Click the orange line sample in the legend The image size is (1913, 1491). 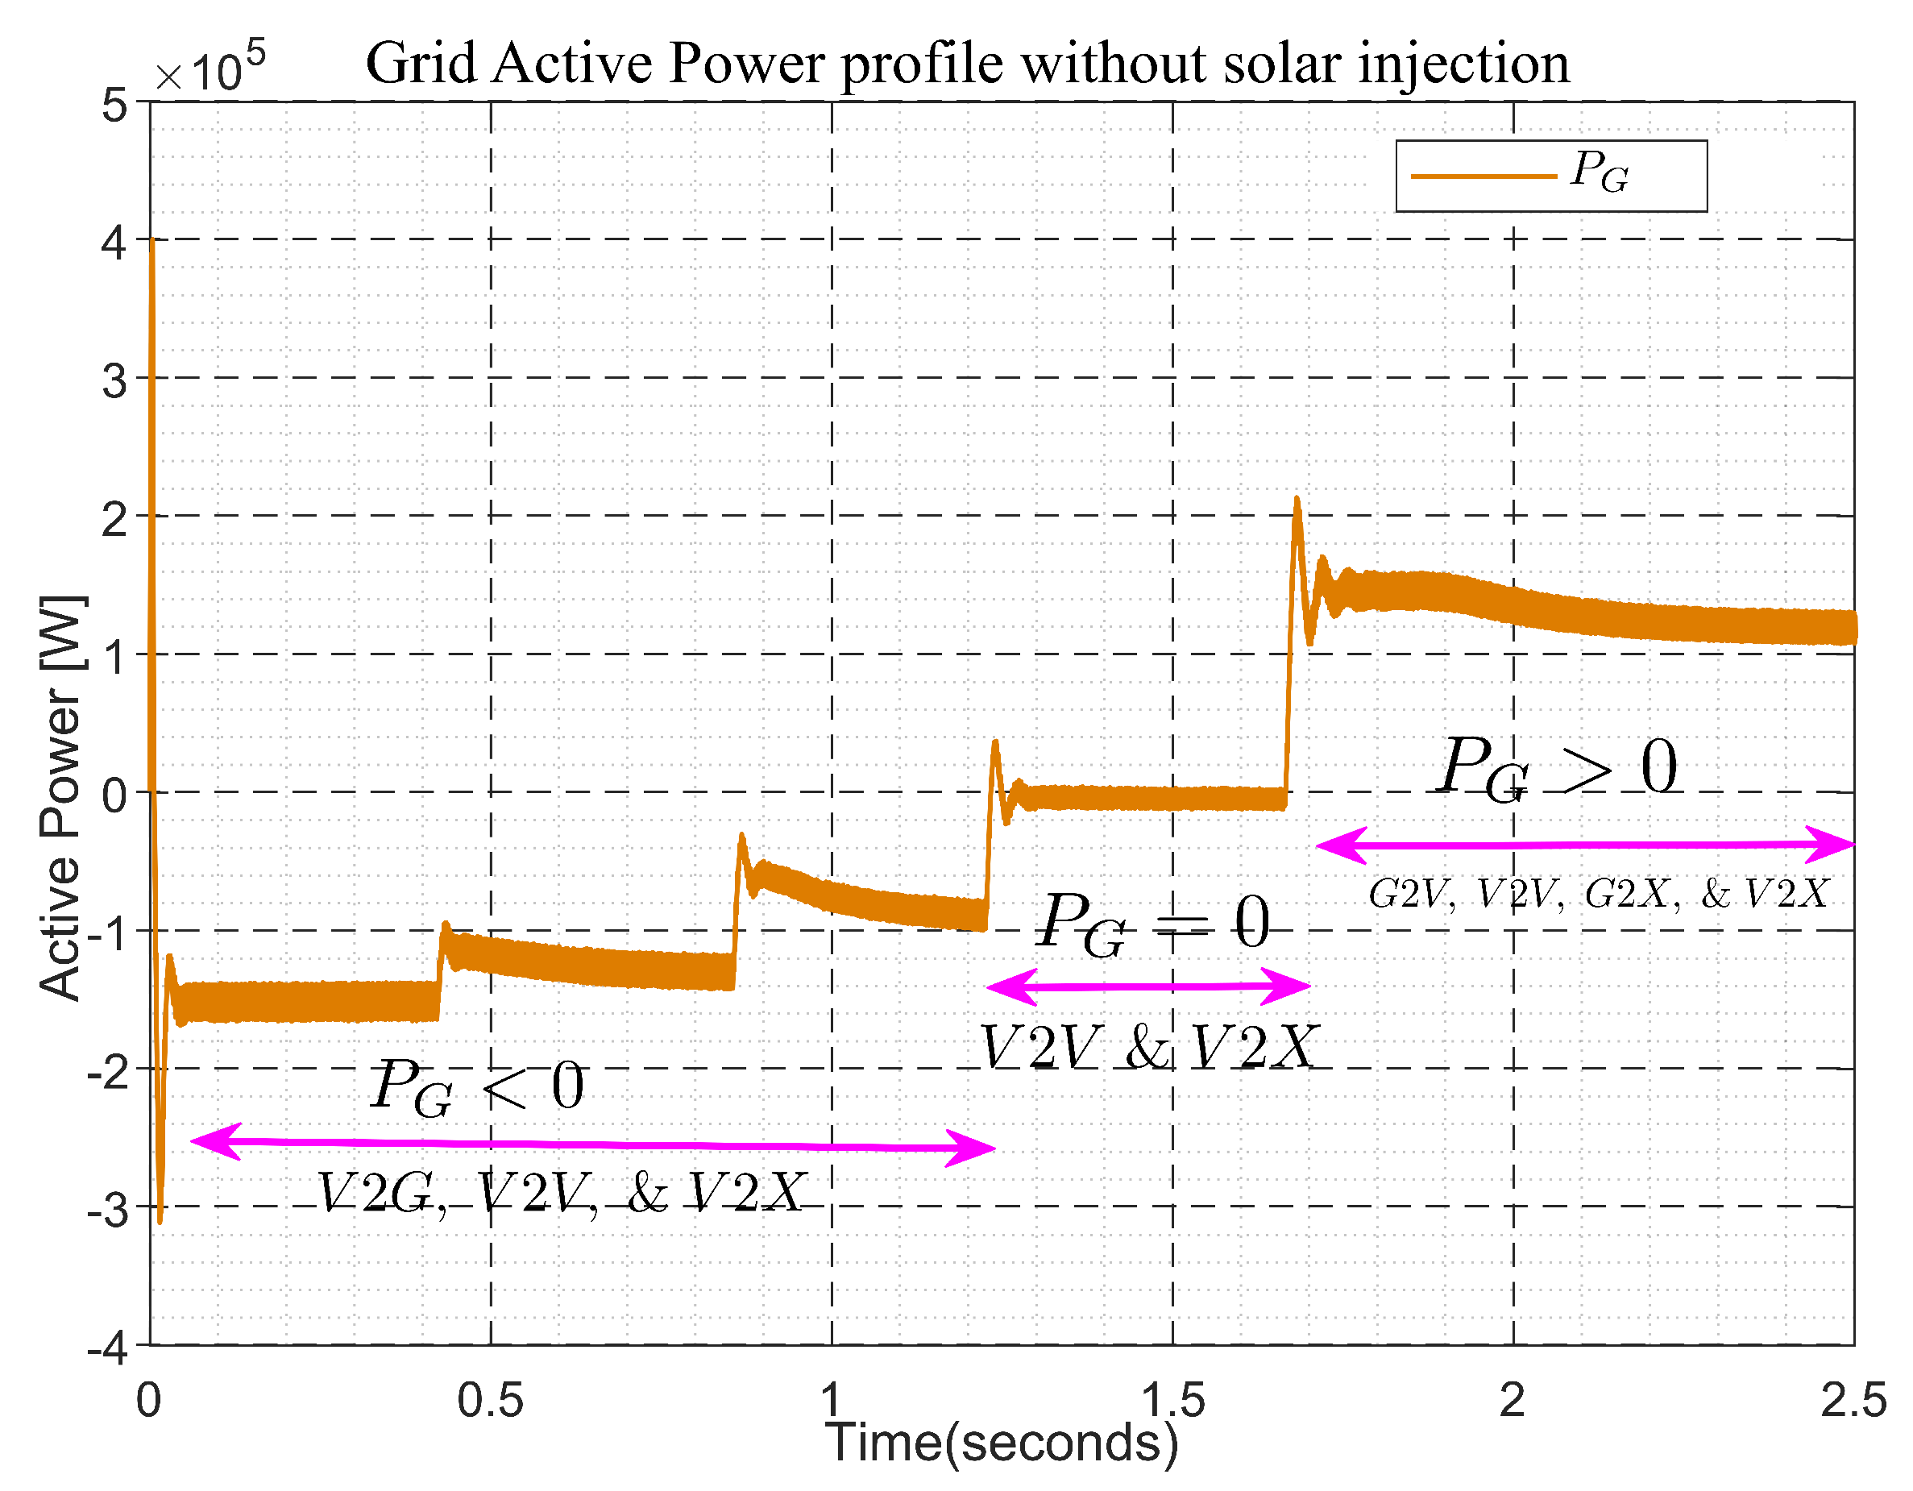[1483, 176]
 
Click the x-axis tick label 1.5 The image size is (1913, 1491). [1172, 1400]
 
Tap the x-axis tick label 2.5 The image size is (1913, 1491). [1853, 1400]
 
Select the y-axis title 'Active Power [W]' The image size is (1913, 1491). [61, 797]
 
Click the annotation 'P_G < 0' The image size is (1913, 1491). [477, 1087]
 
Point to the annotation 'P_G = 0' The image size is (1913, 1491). [1152, 924]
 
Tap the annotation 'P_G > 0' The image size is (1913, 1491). [1558, 766]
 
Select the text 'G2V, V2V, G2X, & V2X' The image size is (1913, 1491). [1598, 895]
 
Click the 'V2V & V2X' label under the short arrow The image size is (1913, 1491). [1147, 1048]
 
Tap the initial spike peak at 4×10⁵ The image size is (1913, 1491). [151, 242]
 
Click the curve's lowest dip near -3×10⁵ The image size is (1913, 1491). [160, 1220]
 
